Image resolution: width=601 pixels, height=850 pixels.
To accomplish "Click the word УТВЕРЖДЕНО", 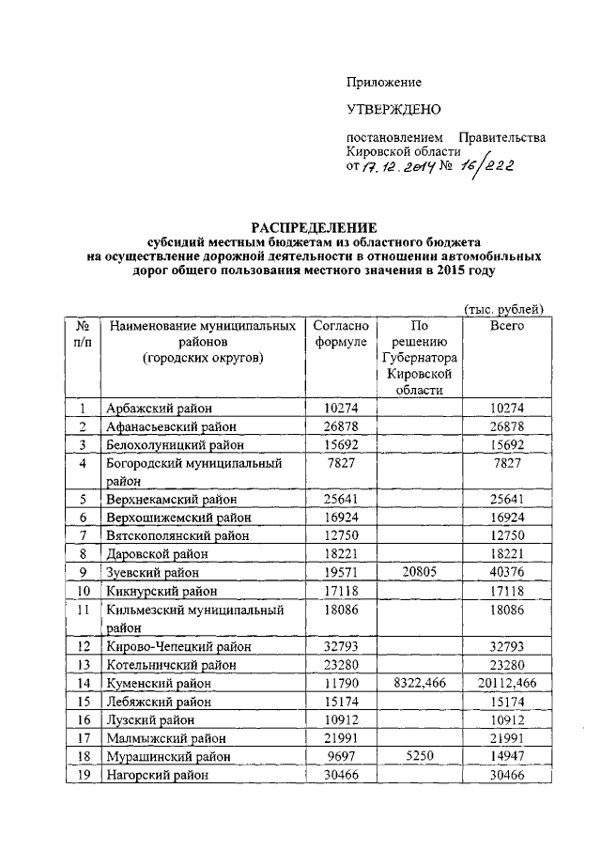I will [393, 111].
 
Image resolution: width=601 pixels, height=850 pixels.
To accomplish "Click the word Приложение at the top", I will [384, 83].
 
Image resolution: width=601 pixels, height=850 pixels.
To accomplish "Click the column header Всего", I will [507, 325].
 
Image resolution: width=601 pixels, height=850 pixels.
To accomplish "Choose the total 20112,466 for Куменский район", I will [507, 683].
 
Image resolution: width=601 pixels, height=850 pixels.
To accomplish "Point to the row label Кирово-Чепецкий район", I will [172, 646].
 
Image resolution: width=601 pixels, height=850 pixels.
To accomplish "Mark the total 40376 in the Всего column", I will [507, 573].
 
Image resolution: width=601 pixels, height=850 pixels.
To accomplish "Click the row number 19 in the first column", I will [83, 775].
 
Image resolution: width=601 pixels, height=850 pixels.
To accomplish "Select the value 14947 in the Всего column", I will [507, 756].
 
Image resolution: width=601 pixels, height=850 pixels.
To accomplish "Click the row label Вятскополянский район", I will [177, 536].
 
